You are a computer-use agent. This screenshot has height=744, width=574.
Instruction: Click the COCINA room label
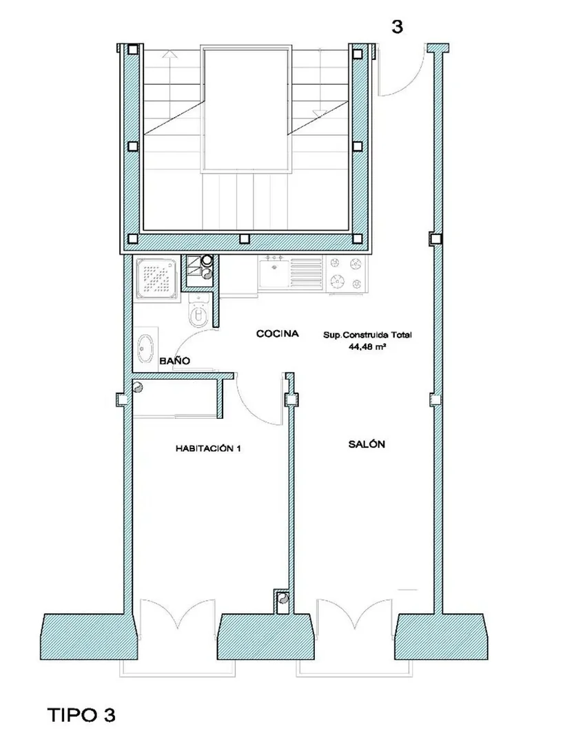point(277,333)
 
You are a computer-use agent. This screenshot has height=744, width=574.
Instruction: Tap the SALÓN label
point(367,444)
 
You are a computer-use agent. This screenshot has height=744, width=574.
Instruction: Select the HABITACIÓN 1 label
point(208,448)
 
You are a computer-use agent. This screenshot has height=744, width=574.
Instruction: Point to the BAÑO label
point(175,360)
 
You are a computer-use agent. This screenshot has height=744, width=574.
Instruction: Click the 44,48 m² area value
point(367,347)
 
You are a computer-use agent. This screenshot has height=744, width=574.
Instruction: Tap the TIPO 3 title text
point(81,714)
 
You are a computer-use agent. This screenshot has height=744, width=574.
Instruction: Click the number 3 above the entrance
point(397,27)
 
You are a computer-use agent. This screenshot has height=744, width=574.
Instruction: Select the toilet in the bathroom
point(199,310)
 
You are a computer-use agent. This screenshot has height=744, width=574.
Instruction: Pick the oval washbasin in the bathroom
point(145,348)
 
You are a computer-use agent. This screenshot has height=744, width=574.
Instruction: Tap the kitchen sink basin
point(274,274)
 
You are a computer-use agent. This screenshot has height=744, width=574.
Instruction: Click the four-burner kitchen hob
point(347,273)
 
